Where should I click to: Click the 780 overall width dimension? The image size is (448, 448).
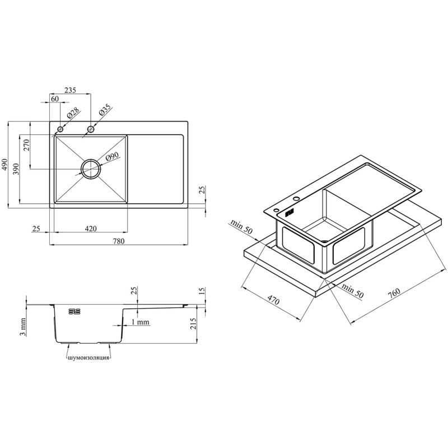(119, 241)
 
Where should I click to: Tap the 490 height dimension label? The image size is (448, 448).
(4, 164)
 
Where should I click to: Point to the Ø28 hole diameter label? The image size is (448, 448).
(73, 114)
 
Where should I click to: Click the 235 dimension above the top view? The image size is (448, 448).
(70, 90)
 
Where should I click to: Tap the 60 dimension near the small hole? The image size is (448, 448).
(55, 99)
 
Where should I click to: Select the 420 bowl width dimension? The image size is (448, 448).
(91, 228)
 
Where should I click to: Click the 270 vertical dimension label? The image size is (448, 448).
(26, 145)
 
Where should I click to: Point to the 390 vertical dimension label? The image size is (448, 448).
(16, 170)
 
